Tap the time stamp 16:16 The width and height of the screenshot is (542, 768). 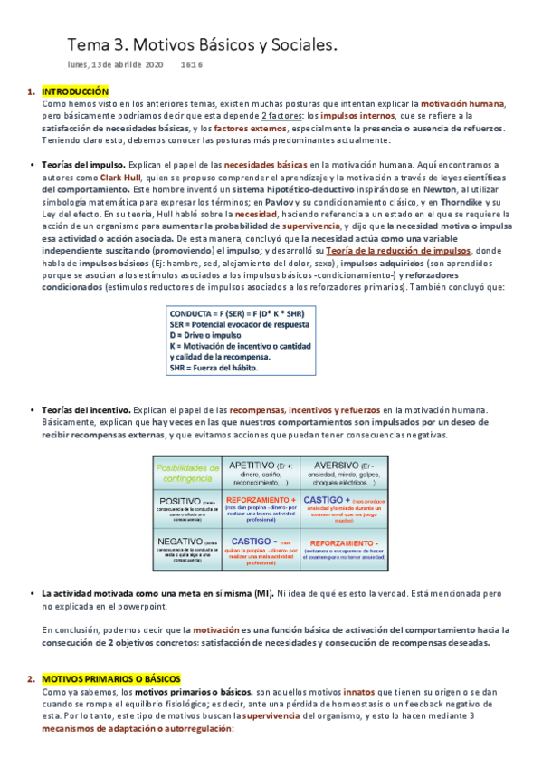(x=191, y=66)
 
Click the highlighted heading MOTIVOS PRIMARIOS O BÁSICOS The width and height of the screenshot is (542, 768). (x=111, y=679)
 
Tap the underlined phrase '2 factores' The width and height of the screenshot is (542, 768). (x=281, y=116)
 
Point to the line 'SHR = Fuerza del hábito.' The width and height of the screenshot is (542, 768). (x=214, y=368)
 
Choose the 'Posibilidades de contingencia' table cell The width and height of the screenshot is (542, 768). (x=187, y=472)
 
